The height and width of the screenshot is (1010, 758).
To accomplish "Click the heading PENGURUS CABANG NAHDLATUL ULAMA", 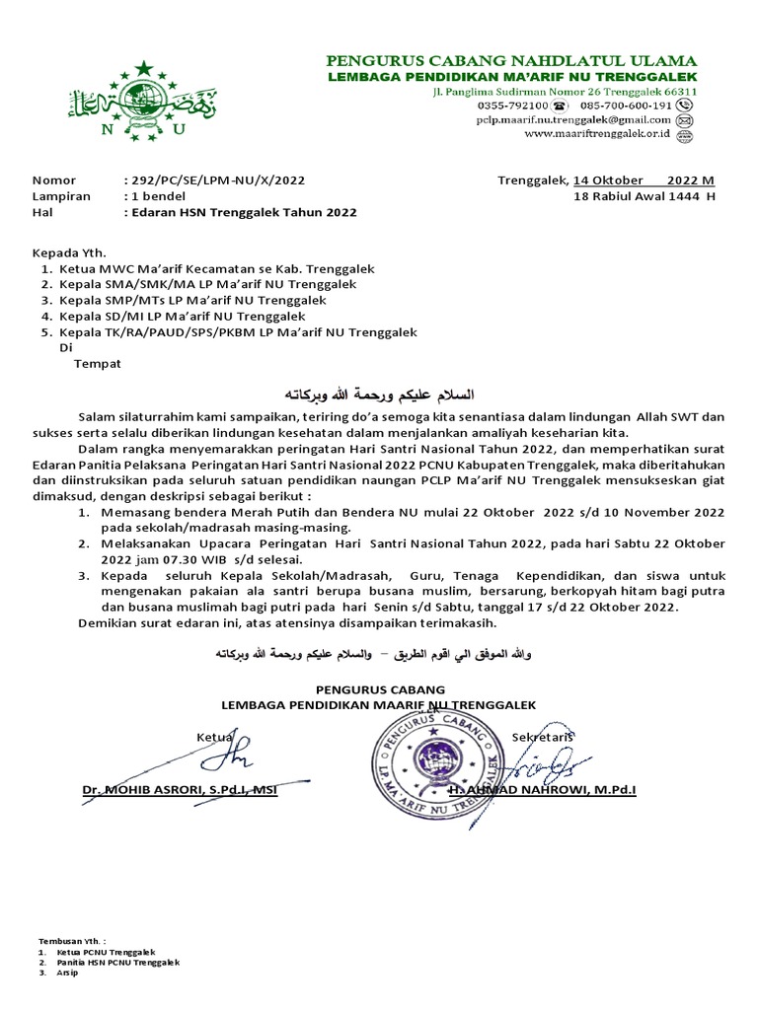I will (511, 60).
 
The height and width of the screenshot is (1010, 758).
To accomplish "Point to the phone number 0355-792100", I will (513, 105).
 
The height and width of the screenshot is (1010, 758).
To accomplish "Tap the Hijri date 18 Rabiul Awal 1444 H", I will (644, 196).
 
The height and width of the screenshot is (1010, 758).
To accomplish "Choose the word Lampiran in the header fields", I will (61, 196).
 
